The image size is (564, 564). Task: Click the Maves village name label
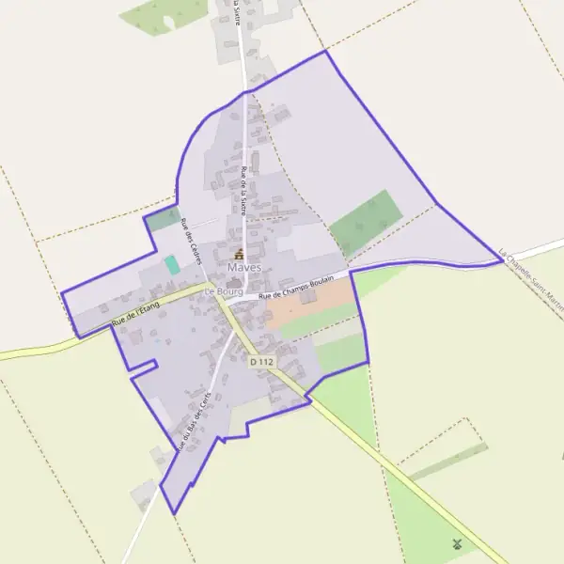coord(238,268)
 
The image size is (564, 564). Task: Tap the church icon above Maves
coord(238,254)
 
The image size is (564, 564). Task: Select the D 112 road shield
coord(262,361)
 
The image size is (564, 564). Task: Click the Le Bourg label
coord(223,292)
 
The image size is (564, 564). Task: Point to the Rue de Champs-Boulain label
coord(296,288)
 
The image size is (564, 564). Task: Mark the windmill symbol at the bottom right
coord(457,543)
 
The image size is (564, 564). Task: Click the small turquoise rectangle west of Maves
coord(172,265)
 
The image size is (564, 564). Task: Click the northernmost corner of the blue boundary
coord(326,51)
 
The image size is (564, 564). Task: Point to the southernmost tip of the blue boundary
coord(174,513)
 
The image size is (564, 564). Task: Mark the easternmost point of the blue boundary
coord(501,259)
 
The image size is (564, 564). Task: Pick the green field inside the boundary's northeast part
coord(367,223)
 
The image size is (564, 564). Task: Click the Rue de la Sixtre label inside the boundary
coord(244,192)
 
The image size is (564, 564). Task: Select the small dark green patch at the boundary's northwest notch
coord(162,220)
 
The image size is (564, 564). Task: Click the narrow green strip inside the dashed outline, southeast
coord(449,461)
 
